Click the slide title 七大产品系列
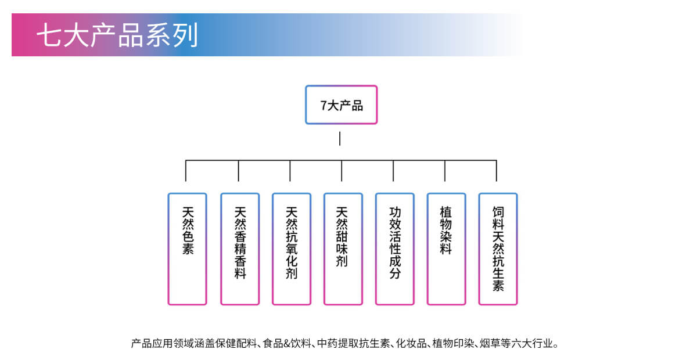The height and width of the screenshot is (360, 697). (117, 35)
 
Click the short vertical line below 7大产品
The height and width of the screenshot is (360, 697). (340, 138)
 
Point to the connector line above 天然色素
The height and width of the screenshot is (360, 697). (186, 171)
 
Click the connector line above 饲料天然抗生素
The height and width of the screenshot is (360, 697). (497, 171)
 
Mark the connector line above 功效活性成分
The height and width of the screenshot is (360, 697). (393, 171)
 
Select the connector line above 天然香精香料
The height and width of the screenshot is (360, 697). (238, 171)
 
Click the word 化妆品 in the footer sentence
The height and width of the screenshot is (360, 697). (411, 344)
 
